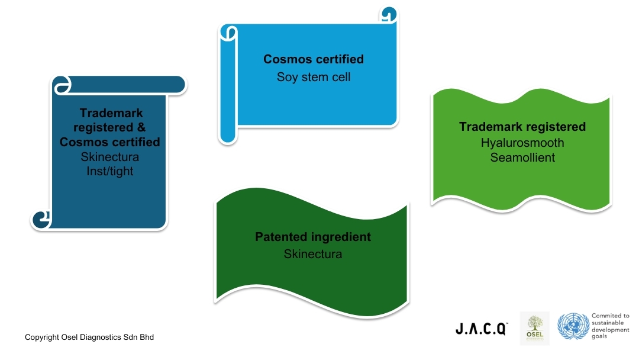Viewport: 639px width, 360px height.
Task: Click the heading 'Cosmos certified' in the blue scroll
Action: pyautogui.click(x=314, y=59)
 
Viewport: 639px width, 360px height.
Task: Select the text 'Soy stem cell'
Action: pyautogui.click(x=314, y=77)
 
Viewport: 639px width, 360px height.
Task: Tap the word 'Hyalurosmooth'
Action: pyautogui.click(x=522, y=143)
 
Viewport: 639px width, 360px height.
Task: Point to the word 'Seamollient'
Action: pyautogui.click(x=522, y=158)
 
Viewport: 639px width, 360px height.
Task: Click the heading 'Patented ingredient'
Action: pyautogui.click(x=313, y=237)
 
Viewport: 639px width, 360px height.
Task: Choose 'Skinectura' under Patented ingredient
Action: pyautogui.click(x=313, y=254)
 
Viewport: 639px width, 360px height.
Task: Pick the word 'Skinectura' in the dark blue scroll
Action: pyautogui.click(x=109, y=157)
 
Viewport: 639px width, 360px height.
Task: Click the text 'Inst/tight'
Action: pyautogui.click(x=109, y=171)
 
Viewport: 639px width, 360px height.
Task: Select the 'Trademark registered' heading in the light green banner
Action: pyautogui.click(x=522, y=127)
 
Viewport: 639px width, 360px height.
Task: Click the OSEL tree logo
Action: pyautogui.click(x=534, y=328)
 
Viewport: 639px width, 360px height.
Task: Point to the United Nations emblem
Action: pyautogui.click(x=572, y=327)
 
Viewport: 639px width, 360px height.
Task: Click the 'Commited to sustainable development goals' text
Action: pyautogui.click(x=610, y=326)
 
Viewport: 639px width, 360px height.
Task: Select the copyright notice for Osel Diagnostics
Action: pyautogui.click(x=89, y=337)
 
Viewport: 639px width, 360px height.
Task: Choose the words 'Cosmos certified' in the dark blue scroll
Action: pyautogui.click(x=109, y=142)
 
